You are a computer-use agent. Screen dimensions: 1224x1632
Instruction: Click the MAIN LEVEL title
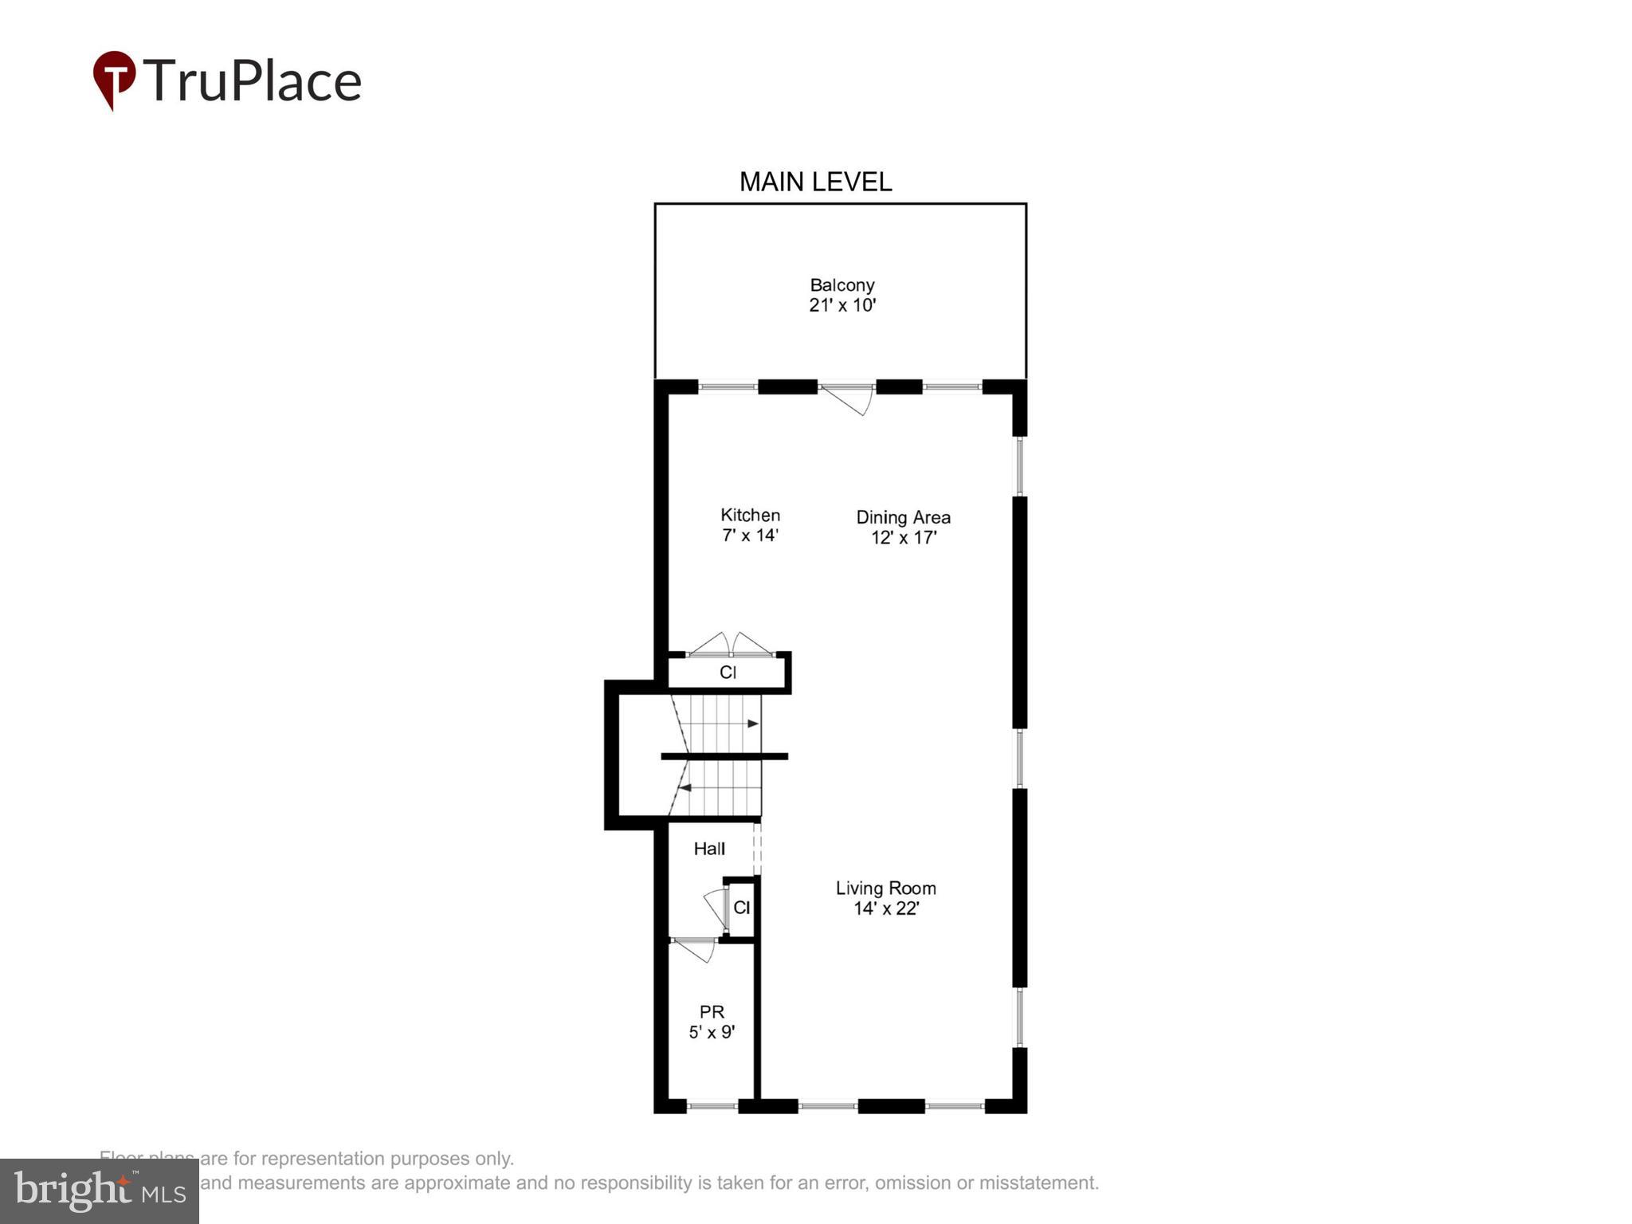815,182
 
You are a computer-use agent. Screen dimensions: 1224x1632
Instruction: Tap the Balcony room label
841,285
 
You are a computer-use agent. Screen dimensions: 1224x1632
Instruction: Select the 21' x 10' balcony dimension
842,305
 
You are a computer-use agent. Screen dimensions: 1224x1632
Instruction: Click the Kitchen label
750,516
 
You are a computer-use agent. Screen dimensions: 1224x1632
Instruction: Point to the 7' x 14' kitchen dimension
750,535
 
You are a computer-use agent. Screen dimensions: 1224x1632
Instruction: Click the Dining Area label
903,517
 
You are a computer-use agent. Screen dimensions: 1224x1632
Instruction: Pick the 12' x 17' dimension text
903,538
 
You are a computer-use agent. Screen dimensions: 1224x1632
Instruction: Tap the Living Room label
885,889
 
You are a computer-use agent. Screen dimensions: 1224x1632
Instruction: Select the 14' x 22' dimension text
886,908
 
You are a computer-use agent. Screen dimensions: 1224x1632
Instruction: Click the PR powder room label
712,1012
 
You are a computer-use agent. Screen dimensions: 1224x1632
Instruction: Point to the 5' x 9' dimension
712,1033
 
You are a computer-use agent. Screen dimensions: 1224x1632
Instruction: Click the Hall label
709,849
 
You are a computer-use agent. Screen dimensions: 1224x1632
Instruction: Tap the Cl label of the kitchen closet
728,673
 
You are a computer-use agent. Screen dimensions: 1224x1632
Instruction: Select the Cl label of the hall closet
741,908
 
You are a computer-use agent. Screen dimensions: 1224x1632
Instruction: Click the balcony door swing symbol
849,398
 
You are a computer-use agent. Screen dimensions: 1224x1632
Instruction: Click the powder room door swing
695,950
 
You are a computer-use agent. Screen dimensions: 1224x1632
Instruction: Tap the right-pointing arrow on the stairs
752,724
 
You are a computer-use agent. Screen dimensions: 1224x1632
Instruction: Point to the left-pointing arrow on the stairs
685,788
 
